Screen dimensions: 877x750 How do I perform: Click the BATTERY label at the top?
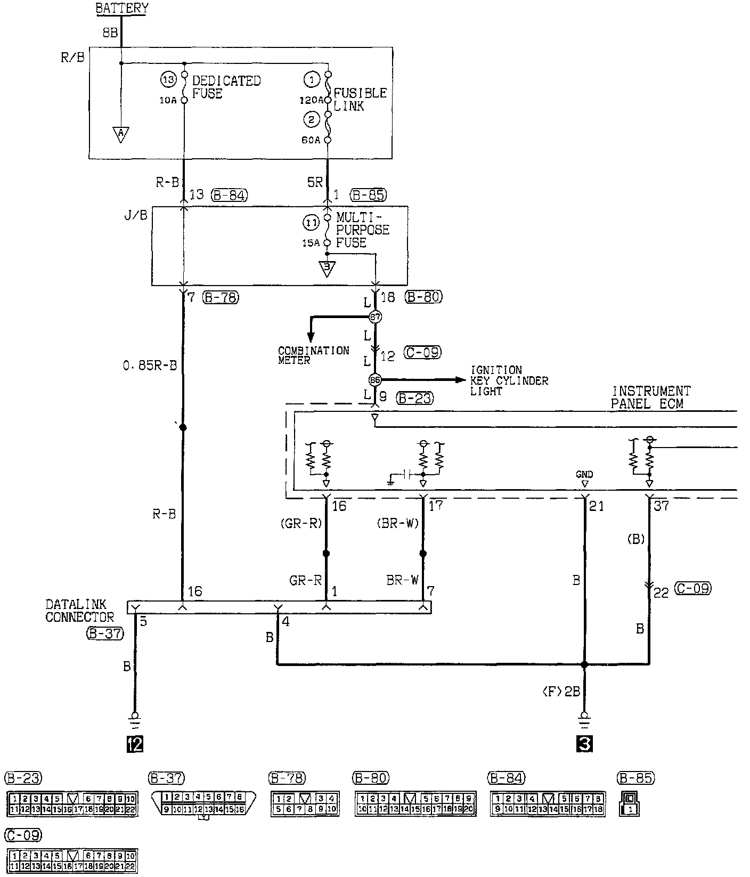pyautogui.click(x=121, y=9)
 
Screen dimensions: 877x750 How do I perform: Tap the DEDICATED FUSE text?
pyautogui.click(x=226, y=87)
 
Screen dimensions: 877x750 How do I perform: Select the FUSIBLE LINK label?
pyautogui.click(x=360, y=99)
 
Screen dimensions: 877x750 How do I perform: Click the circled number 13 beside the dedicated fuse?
pyautogui.click(x=168, y=80)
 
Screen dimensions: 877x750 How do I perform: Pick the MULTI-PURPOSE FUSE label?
pyautogui.click(x=362, y=230)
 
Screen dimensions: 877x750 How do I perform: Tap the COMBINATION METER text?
pyautogui.click(x=313, y=355)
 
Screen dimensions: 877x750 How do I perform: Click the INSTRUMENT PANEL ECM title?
pyautogui.click(x=650, y=397)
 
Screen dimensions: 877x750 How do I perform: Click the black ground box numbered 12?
pyautogui.click(x=135, y=744)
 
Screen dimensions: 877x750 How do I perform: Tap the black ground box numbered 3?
pyautogui.click(x=584, y=744)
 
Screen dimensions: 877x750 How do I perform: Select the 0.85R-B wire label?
pyautogui.click(x=149, y=367)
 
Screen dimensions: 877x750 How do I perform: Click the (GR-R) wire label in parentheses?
pyautogui.click(x=301, y=523)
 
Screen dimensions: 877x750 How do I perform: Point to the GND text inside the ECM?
pyautogui.click(x=584, y=474)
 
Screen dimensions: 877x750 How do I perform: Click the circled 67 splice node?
pyautogui.click(x=376, y=317)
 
